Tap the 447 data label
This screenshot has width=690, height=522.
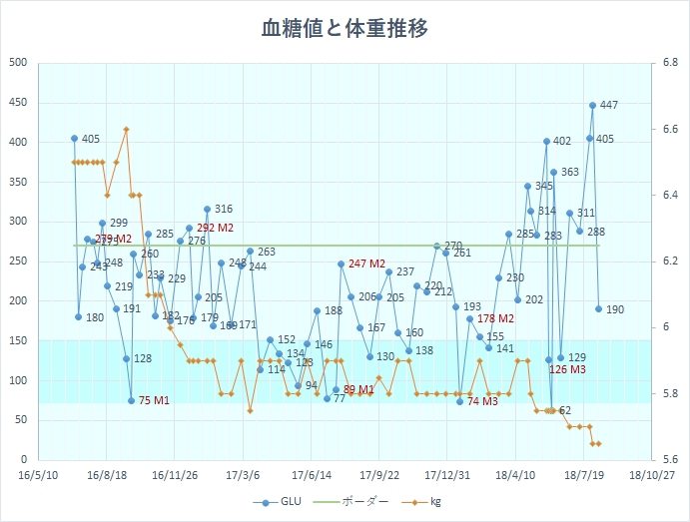point(609,105)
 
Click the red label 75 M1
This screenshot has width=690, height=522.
point(154,400)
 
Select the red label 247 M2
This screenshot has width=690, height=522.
point(366,263)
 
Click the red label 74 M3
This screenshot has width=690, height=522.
point(482,401)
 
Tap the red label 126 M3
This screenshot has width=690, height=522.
point(567,369)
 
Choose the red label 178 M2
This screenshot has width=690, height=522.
point(495,318)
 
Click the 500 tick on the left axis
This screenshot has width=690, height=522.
point(18,63)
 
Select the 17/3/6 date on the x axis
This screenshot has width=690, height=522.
point(243,476)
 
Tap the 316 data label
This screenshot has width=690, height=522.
point(224,209)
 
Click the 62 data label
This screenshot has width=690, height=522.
point(565,410)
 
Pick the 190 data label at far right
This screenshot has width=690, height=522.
point(615,309)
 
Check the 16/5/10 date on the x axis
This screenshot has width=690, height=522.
point(37,476)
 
